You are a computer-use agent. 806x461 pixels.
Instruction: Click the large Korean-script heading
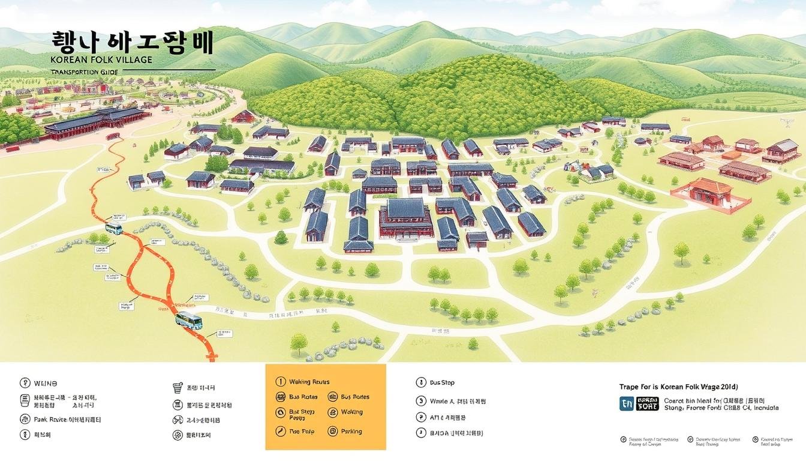click(133, 44)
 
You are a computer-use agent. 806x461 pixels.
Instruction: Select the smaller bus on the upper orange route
click(113, 229)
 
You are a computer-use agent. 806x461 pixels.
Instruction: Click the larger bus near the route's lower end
click(188, 320)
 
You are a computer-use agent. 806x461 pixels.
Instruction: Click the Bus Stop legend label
click(442, 382)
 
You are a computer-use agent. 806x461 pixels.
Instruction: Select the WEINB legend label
click(45, 382)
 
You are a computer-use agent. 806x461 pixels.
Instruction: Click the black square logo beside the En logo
click(647, 403)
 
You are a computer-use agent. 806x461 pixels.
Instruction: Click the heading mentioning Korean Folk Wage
click(678, 387)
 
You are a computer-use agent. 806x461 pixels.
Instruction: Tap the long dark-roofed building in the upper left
click(96, 123)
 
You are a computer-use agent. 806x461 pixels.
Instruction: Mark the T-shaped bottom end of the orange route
click(210, 358)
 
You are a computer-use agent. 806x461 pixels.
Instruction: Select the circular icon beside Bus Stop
click(420, 382)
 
